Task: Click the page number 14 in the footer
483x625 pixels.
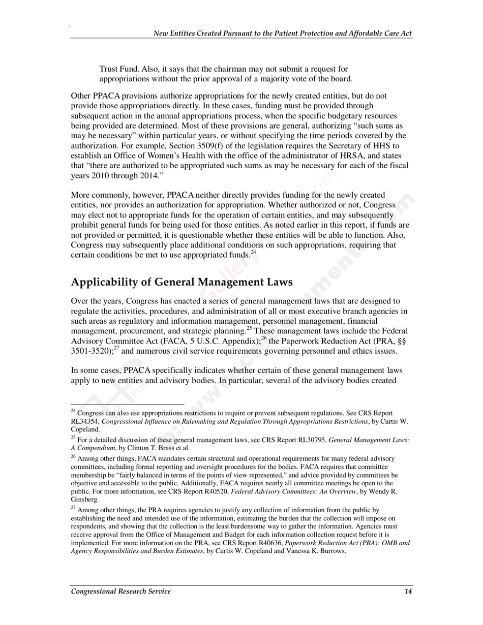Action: [x=408, y=591]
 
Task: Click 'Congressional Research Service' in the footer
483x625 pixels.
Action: [x=120, y=591]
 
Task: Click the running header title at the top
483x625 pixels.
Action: [x=283, y=34]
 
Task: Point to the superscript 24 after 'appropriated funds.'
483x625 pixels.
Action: [x=254, y=253]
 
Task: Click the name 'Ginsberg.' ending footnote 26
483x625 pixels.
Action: [x=84, y=499]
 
